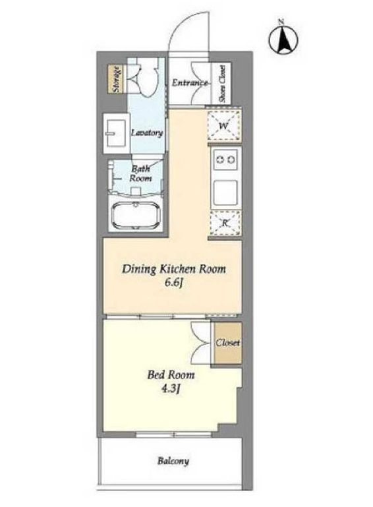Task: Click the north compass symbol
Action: tap(283, 38)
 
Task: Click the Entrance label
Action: tap(189, 82)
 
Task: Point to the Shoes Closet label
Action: tap(222, 83)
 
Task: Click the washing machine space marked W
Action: tap(224, 125)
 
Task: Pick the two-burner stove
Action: tap(226, 160)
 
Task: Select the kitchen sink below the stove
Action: tap(225, 193)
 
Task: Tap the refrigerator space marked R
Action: tap(225, 223)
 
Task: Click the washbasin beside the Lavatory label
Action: tap(115, 133)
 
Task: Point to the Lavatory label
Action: tap(147, 133)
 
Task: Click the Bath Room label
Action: tap(140, 173)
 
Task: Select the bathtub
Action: tap(136, 216)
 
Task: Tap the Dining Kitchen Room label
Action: tap(174, 269)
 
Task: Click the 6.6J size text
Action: tap(174, 283)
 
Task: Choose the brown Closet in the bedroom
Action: tap(228, 343)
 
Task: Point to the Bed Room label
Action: tap(171, 375)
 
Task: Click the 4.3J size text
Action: tap(170, 389)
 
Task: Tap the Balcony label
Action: tap(173, 461)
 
